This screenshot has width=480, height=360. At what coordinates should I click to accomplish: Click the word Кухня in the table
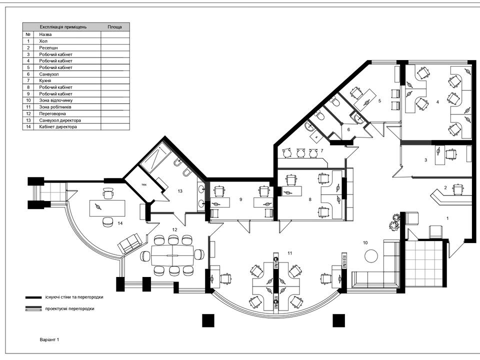(45, 80)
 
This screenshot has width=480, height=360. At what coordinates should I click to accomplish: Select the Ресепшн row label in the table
(48, 48)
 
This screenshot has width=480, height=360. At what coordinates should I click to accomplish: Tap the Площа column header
(115, 27)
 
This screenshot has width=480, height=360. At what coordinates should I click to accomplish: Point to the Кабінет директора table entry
(58, 126)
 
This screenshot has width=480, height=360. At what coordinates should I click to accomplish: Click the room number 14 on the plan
(120, 223)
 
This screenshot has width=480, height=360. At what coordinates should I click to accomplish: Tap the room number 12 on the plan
(175, 229)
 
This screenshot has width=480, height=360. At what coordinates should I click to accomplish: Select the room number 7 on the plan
(321, 150)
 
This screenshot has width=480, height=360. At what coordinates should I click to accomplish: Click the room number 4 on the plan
(437, 102)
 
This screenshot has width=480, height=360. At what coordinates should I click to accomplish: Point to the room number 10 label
(365, 243)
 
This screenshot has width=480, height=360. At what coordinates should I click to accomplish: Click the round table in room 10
(371, 256)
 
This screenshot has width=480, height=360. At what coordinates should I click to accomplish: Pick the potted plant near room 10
(394, 221)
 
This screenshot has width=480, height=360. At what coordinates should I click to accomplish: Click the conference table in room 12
(172, 255)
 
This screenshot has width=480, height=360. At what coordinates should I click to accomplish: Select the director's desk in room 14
(107, 208)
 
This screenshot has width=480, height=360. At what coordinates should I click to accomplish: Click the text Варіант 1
(49, 339)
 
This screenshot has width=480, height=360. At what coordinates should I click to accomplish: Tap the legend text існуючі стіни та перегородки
(74, 297)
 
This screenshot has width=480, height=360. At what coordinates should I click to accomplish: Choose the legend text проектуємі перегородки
(70, 308)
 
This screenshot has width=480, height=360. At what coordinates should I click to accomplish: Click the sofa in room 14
(130, 243)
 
